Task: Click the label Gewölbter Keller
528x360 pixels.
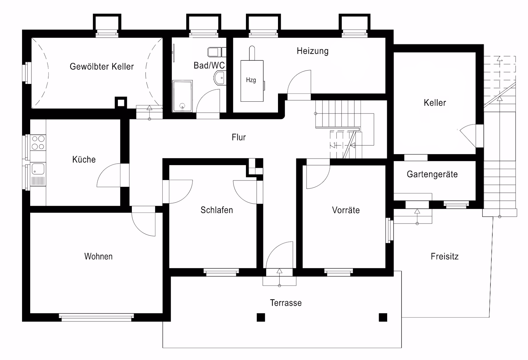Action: coord(102,67)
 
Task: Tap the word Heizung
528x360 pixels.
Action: coord(313,51)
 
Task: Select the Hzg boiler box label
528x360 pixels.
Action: coord(251,80)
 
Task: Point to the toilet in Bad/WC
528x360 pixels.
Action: coord(217,52)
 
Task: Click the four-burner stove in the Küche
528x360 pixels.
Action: coord(38,143)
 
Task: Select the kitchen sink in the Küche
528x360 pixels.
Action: coord(38,169)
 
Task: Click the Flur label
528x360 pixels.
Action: coord(239,137)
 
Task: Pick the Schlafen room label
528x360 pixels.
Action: coord(217,210)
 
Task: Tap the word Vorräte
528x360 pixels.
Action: coord(346,210)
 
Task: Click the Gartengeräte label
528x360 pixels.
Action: coord(432,174)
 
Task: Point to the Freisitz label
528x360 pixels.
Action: coord(445,256)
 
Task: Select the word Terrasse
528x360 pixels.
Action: coord(286,303)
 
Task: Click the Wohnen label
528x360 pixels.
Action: coord(98,256)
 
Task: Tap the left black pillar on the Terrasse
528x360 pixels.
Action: coord(261,317)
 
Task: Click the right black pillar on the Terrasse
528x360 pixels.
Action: coord(383,317)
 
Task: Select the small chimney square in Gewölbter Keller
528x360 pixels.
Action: coord(121,103)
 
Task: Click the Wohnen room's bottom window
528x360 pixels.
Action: coord(96,317)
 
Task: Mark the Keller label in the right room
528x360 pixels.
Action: coord(435,103)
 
